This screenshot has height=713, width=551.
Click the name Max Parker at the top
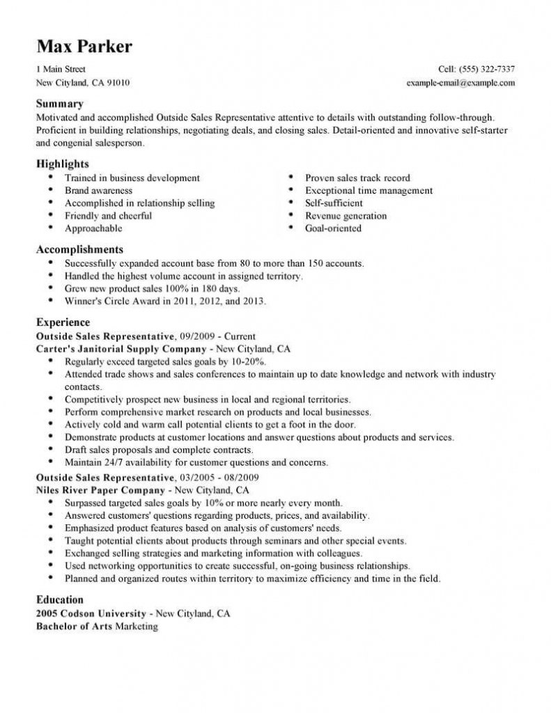[x=84, y=47]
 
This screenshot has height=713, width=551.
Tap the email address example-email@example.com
[x=460, y=82]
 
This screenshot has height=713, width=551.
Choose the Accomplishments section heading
[x=79, y=249]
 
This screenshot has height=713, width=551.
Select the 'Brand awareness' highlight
[x=98, y=190]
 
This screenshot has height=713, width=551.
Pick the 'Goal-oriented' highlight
[x=333, y=228]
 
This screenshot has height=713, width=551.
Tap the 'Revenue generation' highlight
[x=346, y=215]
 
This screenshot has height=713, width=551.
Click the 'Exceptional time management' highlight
[x=368, y=190]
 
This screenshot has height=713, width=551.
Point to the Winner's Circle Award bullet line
[x=165, y=301]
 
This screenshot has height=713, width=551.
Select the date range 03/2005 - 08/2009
[x=222, y=478]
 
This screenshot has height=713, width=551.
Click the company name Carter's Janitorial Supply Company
[x=121, y=348]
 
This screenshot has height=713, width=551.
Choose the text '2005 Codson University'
[x=91, y=613]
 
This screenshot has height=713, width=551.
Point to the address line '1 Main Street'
[x=61, y=69]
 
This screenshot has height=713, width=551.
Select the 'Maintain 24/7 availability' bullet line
[x=196, y=462]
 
